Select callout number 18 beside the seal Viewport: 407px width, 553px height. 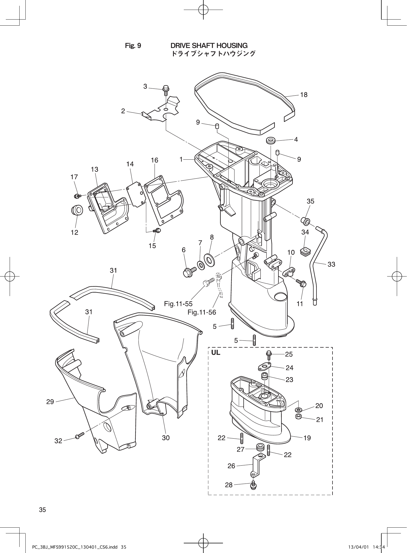[304, 95]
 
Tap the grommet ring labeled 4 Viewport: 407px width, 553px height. [271, 140]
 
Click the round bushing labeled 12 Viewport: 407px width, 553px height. [77, 210]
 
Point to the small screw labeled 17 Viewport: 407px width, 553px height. [76, 196]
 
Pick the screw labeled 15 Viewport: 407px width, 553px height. [157, 230]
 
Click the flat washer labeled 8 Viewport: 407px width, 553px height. [210, 259]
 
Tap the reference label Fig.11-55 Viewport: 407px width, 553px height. [178, 304]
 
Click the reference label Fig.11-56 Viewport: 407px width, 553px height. [201, 312]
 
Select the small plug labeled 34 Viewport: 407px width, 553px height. [305, 252]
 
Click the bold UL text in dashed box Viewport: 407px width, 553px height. [216, 353]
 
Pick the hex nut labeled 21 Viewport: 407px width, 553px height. [298, 416]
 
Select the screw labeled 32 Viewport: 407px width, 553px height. [79, 436]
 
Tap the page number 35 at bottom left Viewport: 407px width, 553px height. [42, 510]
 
